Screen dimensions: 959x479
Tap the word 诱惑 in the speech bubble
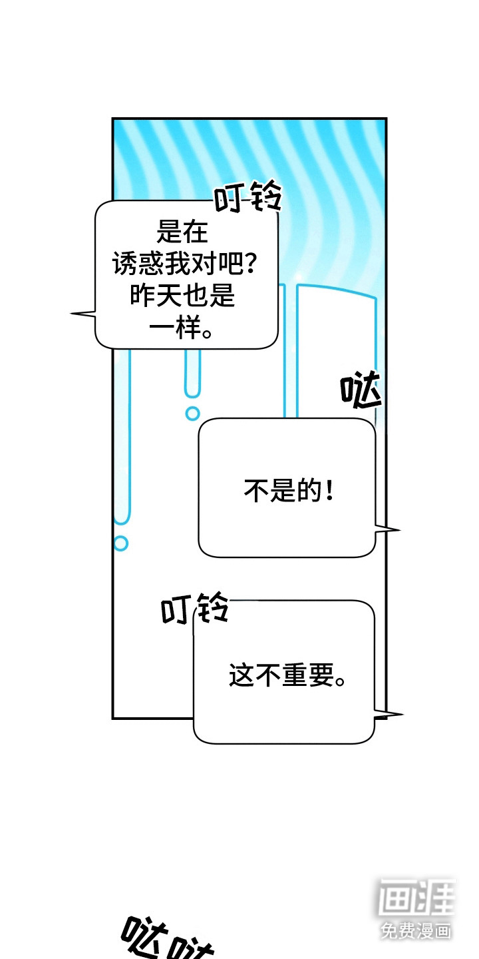136,264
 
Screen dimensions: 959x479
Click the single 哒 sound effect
361,392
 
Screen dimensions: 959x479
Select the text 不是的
279,493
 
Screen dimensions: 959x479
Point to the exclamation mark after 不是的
329,493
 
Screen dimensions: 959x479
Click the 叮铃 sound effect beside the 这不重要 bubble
195,609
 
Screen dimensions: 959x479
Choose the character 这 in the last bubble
241,676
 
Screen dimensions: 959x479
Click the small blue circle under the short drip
192,413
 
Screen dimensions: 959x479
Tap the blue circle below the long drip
120,543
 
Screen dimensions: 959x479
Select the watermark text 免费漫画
416,930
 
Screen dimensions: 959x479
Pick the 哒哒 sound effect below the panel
166,939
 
